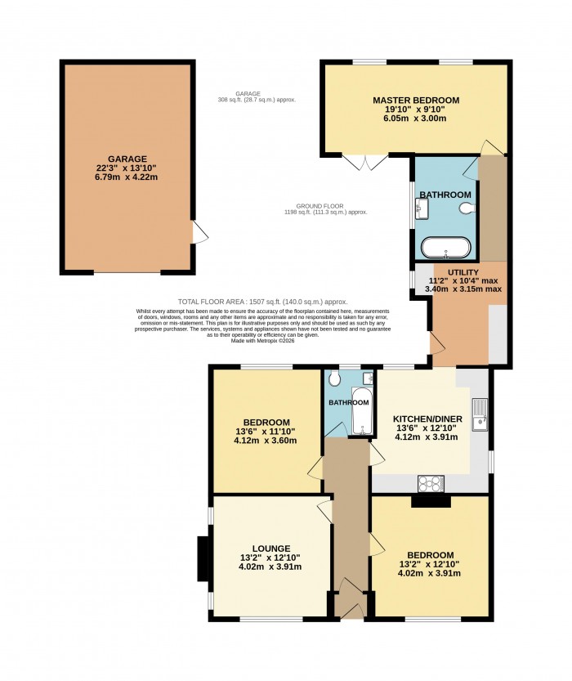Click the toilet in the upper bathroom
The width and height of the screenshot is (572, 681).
467,209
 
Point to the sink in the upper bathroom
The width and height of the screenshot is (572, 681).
420,209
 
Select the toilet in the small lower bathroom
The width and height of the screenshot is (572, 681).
334,380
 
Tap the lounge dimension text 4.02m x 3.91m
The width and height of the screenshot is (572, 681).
270,567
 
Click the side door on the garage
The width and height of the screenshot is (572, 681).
198,233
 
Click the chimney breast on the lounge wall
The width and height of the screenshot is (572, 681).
202,558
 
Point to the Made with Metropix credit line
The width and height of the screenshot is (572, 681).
262,340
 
